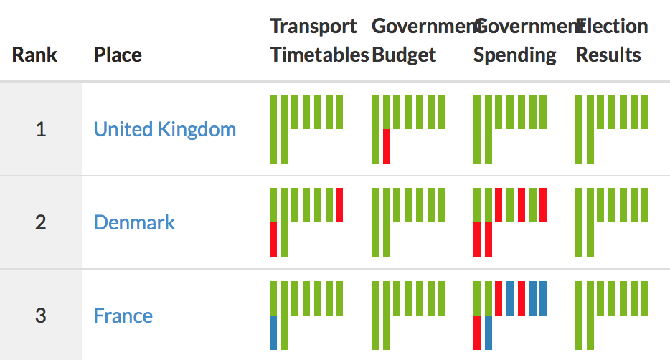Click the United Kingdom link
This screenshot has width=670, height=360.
pos(164,129)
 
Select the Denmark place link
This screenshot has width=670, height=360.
pos(134,222)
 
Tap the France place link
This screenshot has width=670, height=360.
pos(123,316)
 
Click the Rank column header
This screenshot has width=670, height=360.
pos(34,55)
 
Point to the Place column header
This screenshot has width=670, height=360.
pos(118,55)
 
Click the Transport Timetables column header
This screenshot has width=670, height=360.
pos(319,41)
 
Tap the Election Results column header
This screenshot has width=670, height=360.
pos(612,41)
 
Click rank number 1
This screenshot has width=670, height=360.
pos(41,130)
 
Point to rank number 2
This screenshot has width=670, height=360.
pos(41,222)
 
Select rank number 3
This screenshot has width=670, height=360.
pos(41,316)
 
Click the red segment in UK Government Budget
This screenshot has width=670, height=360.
pos(387,146)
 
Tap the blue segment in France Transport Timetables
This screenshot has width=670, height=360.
pos(273,332)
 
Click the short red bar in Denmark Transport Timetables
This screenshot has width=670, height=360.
pos(339,204)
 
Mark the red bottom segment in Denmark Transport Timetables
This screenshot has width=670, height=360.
pos(273,239)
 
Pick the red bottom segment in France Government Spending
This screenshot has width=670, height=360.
pos(477,332)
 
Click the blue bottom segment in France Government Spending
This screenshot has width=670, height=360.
pos(489,332)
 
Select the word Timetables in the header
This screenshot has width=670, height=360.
pos(319,55)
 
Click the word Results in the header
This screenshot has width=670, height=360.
pos(608,55)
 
